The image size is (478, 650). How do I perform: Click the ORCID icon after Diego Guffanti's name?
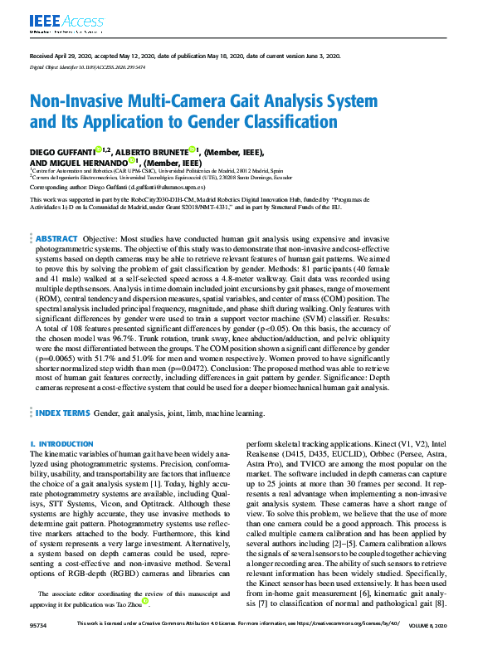97,150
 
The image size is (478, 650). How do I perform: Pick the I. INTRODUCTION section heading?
61,444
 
